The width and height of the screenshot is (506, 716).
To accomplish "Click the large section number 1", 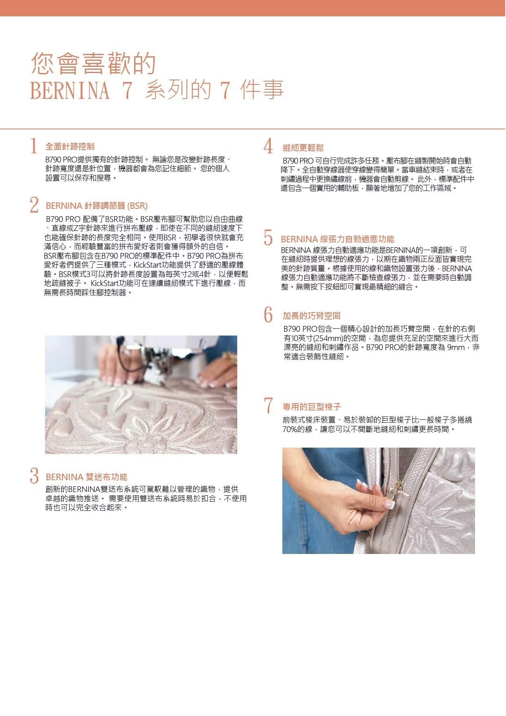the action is coord(34,146).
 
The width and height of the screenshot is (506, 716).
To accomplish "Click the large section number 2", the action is coord(34,205).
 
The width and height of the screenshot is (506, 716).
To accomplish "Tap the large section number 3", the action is coord(34,476).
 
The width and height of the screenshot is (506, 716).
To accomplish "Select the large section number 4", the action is coord(268,146).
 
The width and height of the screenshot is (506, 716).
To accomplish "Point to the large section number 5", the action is coord(268,237).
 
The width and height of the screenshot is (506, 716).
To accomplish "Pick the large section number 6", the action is coord(268,314).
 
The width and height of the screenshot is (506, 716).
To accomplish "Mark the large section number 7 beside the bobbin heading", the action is coord(268,405).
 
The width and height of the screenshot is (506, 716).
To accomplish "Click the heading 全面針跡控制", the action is coord(70,146).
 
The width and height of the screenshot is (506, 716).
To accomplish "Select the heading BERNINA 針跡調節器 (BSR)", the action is coord(97,206).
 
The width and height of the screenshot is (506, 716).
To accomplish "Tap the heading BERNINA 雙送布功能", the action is coord(86,477).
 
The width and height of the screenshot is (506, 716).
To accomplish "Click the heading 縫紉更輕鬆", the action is coord(303,148).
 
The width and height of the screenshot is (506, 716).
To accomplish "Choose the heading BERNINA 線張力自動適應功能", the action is coord(338,239).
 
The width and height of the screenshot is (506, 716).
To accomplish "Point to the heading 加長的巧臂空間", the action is coord(312,316).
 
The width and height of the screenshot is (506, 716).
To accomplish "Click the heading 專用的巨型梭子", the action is coord(312,407).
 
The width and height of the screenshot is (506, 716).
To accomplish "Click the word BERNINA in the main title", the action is coord(70,91).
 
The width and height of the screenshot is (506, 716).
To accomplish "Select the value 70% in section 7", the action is coord(289,429).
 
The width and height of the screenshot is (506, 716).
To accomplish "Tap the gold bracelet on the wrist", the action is coord(230,358).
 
